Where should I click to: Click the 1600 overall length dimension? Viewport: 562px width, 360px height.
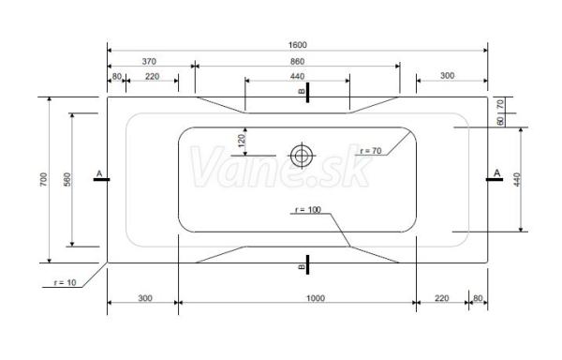298,45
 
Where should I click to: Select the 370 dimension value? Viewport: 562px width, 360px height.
149,62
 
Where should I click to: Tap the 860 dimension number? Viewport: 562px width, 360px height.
298,62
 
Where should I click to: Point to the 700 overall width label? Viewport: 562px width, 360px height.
43,179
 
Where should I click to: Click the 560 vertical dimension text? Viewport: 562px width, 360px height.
67,179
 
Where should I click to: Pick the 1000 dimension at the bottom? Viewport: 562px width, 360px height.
316,298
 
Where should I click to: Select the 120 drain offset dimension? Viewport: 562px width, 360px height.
242,141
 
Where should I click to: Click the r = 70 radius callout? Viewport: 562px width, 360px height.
371,151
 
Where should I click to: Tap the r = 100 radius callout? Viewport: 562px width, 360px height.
308,210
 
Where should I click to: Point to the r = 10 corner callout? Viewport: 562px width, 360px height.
66,282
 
